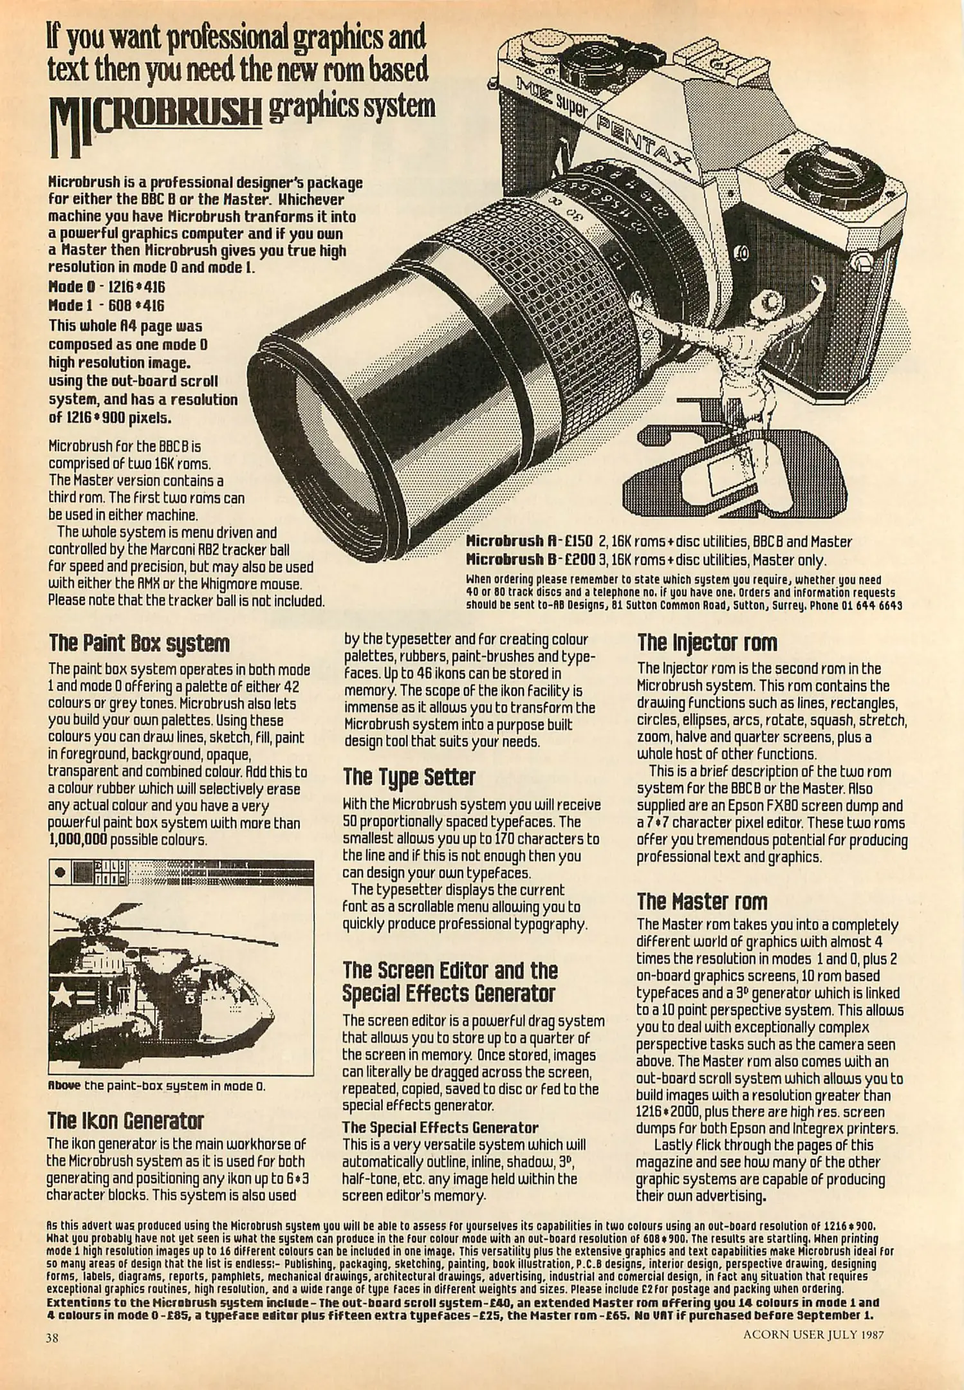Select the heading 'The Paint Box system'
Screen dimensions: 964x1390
pos(139,643)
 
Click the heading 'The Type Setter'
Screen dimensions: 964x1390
pos(409,777)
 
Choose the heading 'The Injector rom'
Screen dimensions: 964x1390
pos(707,642)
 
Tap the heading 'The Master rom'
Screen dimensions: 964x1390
pos(702,902)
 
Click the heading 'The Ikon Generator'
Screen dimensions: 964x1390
pos(125,1122)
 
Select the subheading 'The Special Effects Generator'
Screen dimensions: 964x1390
pos(440,1127)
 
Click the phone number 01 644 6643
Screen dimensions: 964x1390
pos(871,606)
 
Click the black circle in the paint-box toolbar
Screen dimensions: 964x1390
pos(60,872)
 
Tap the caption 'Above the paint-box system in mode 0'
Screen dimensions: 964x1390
pos(157,1086)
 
